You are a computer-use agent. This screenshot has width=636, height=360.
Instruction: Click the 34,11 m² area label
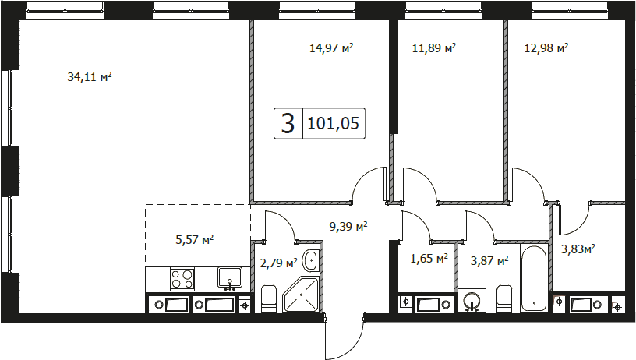point(89,76)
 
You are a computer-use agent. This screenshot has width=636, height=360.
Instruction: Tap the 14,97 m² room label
point(331,48)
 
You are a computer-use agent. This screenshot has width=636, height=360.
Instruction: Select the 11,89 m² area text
point(434,48)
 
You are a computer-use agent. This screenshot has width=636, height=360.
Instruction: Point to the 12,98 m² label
point(546,48)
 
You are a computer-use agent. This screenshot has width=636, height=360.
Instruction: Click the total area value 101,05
point(333,123)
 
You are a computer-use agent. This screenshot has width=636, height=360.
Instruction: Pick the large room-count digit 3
point(288,123)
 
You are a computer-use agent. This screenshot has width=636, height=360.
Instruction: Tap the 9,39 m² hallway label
point(348,226)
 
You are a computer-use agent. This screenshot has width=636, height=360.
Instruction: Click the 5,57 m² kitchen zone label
point(195,239)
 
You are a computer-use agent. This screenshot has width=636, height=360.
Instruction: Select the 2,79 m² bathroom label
point(279,264)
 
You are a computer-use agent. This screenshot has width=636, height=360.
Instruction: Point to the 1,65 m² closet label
point(429,258)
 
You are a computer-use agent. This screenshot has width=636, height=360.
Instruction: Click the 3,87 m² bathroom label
point(489,261)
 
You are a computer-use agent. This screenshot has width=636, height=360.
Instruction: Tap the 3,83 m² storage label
point(578,249)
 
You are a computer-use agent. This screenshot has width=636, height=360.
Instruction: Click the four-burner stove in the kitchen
point(182,279)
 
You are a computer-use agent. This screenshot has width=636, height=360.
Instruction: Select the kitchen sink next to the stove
point(230,278)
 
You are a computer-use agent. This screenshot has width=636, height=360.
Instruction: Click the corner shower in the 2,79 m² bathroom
point(302,295)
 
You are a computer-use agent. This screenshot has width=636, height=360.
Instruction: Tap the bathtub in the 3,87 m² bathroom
point(534,278)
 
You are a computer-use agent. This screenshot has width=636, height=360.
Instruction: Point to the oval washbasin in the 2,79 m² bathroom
point(311,259)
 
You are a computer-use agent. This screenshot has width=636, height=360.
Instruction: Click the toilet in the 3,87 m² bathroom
point(504,298)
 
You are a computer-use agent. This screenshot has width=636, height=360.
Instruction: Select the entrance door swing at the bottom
point(344,337)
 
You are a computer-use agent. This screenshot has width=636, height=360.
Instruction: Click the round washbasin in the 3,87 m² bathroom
point(472,301)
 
